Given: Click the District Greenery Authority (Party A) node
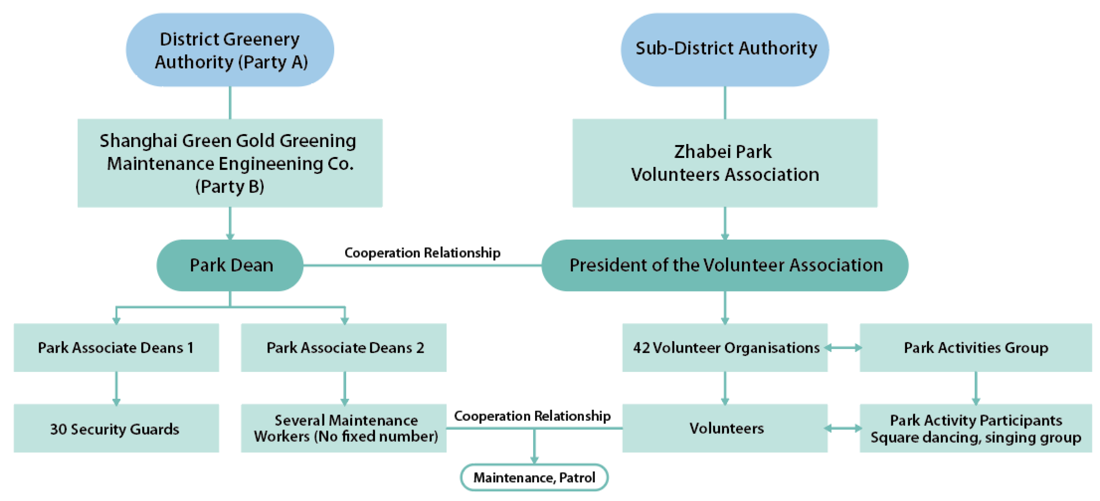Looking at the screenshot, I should [x=230, y=50].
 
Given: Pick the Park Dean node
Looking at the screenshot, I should [x=230, y=265].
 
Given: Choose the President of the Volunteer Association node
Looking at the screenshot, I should [x=725, y=265].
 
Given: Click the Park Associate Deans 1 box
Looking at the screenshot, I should [x=116, y=347].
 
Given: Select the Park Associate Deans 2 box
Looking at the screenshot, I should [x=344, y=347].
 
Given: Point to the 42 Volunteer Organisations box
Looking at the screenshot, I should [x=725, y=347].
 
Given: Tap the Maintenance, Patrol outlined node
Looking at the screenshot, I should [x=534, y=477].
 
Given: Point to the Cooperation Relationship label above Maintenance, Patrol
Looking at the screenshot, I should [x=532, y=416].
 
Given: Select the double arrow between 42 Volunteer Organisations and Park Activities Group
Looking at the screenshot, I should [x=843, y=348].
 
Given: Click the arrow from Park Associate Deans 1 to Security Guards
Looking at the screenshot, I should [x=116, y=388].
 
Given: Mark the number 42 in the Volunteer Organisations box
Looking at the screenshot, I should [x=641, y=348].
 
